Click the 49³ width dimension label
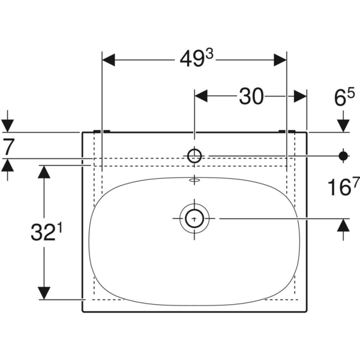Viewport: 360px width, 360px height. tap(195, 59)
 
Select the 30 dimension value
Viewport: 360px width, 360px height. tap(251, 96)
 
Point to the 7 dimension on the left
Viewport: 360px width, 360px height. tap(8, 146)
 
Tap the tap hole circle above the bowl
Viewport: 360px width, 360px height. tap(195, 156)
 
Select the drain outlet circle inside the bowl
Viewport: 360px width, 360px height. tap(195, 218)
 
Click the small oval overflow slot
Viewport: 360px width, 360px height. tap(195, 179)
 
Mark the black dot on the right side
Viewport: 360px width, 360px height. tap(343, 156)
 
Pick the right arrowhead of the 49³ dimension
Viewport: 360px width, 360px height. tap(280, 59)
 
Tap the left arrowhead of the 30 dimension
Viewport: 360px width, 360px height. tap(202, 95)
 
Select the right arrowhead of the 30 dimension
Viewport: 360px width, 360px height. tap(300, 95)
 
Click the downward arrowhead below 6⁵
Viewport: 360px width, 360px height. tap(343, 125)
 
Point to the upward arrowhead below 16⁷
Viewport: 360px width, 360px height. tap(343, 226)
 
